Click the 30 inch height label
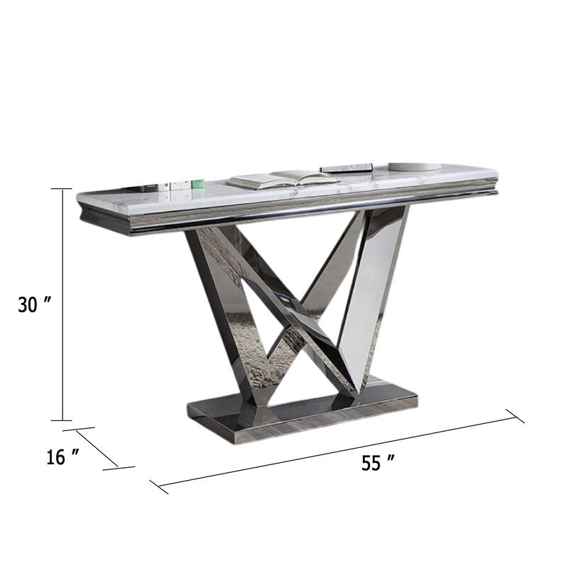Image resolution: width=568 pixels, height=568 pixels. click(x=35, y=305)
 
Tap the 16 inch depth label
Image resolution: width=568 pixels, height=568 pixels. click(x=62, y=457)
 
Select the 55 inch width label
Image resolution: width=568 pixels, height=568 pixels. click(x=378, y=463)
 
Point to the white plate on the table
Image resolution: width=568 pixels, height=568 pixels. click(x=415, y=167)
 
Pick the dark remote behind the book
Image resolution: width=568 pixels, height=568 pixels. click(x=346, y=168)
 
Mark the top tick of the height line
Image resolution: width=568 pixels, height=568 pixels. click(x=62, y=189)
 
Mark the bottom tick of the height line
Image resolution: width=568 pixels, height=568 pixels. click(x=62, y=420)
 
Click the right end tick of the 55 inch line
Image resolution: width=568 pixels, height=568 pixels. click(x=515, y=416)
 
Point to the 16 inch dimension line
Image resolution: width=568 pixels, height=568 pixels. click(x=99, y=448)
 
